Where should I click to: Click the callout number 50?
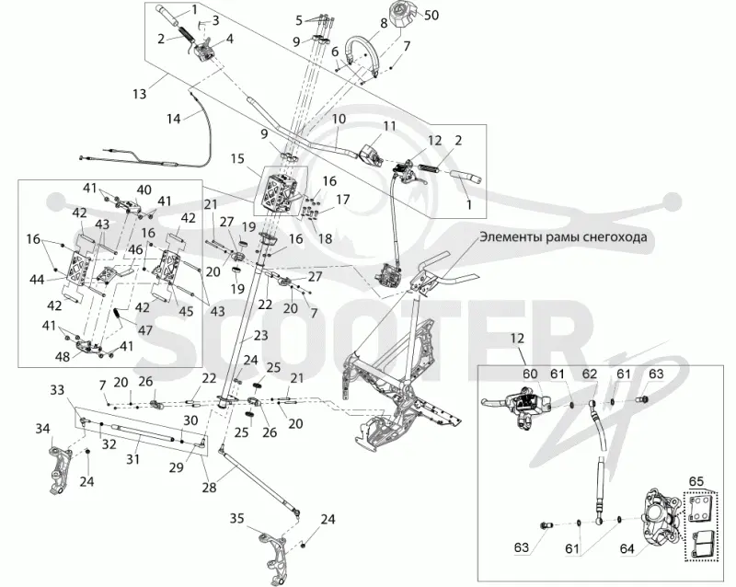point(431,15)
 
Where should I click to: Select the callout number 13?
point(139,94)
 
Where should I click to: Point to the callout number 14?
point(174,119)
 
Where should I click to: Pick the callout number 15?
point(237,159)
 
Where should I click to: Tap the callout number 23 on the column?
point(261,335)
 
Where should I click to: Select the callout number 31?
point(132,458)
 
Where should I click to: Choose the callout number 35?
point(237,519)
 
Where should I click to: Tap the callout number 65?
point(696,481)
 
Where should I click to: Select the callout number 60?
point(530,374)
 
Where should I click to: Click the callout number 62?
point(590,374)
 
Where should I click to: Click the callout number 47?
point(145,330)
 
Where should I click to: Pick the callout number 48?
point(63,356)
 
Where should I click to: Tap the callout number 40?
point(144,190)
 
